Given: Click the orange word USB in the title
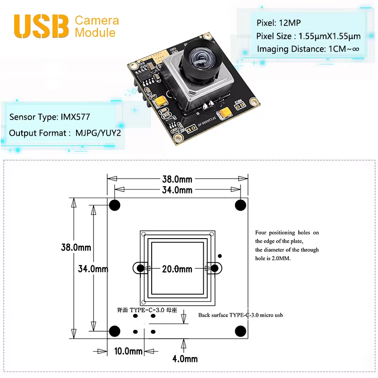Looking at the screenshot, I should pyautogui.click(x=42, y=26).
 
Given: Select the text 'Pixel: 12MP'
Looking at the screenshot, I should pyautogui.click(x=278, y=23).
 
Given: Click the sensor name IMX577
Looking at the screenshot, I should pyautogui.click(x=75, y=117).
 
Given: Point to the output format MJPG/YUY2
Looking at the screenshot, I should pyautogui.click(x=98, y=133).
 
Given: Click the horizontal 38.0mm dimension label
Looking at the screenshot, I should pyautogui.click(x=178, y=180).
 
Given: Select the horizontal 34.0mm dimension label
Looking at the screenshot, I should pyautogui.click(x=178, y=190).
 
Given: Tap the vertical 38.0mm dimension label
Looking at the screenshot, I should pyautogui.click(x=76, y=247).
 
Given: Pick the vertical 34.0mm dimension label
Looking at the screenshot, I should pyautogui.click(x=93, y=269).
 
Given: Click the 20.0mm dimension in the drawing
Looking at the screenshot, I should pyautogui.click(x=178, y=269).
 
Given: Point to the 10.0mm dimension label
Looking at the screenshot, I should pyautogui.click(x=129, y=351).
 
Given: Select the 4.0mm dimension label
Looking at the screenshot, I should pyautogui.click(x=185, y=359).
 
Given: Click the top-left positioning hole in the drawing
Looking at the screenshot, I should pyautogui.click(x=115, y=205).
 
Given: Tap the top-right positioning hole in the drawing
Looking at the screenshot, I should pyautogui.click(x=241, y=205).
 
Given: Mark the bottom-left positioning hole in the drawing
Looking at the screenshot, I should pyautogui.click(x=115, y=331).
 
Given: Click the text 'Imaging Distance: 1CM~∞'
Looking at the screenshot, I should pyautogui.click(x=308, y=49).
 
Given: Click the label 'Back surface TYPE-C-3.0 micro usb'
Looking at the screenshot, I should pyautogui.click(x=241, y=315).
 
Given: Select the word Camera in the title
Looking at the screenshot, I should pyautogui.click(x=97, y=20).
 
